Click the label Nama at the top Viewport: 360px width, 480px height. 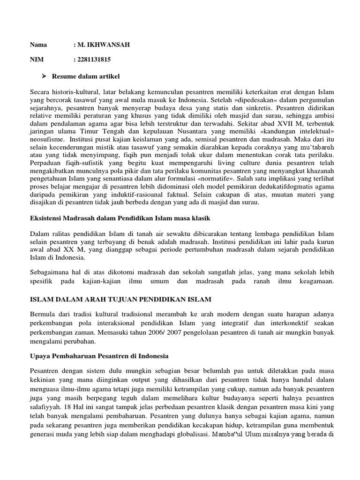coord(38,45)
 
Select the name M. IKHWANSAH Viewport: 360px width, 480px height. coord(101,45)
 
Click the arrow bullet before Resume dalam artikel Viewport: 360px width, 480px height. coord(45,75)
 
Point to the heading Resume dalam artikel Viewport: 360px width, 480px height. coord(82,75)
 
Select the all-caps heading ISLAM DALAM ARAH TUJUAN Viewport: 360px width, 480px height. coord(121,299)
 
